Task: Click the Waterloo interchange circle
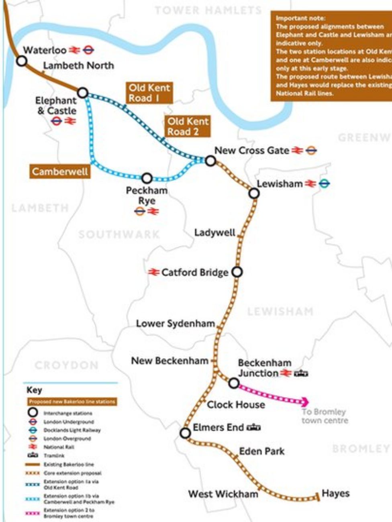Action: point(22,61)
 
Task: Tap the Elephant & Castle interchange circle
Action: point(82,93)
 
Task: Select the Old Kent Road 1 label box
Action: point(149,93)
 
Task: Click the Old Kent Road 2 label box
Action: point(188,126)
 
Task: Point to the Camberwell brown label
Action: point(60,172)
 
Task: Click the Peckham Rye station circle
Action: point(147,178)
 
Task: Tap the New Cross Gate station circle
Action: point(210,161)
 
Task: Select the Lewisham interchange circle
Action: point(254,194)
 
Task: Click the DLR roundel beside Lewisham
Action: point(325,184)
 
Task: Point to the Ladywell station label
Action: point(214,233)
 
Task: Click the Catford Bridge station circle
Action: point(237,272)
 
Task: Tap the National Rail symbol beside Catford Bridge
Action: point(153,272)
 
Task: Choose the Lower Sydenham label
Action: point(176,324)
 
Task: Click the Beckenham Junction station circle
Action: point(234,383)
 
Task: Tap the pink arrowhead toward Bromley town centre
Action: point(305,402)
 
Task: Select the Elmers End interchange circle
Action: point(185,433)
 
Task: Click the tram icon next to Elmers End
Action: point(254,427)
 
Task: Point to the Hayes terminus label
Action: point(336,493)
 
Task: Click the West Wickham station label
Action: point(223,494)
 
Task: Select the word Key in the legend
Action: point(34,390)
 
